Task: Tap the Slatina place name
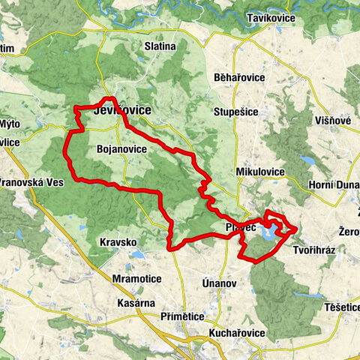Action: [x=160, y=46]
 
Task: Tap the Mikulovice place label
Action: [x=260, y=172]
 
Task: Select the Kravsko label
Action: [x=118, y=243]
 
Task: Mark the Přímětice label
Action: [x=182, y=317]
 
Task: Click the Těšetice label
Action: [x=337, y=307]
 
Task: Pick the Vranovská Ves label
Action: [x=33, y=182]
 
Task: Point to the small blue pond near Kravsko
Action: [x=136, y=255]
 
